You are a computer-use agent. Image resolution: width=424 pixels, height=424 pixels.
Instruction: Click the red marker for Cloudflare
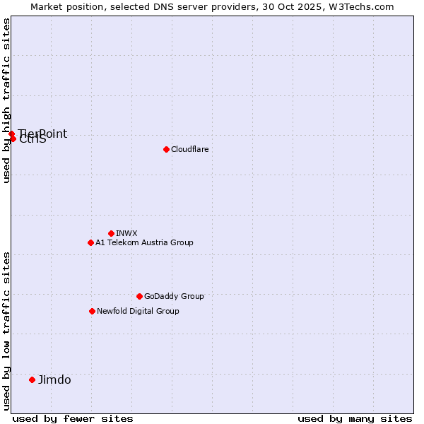point(166,149)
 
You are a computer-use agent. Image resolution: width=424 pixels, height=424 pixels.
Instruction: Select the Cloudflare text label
point(190,149)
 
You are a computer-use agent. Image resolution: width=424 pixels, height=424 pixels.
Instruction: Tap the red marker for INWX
point(111,233)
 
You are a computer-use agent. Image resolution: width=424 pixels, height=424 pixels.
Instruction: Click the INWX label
point(126,233)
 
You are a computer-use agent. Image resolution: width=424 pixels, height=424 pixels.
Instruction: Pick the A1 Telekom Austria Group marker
point(90,242)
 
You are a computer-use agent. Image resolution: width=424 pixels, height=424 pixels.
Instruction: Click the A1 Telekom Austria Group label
point(144,242)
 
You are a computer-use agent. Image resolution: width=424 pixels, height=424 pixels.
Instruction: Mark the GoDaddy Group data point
point(139,296)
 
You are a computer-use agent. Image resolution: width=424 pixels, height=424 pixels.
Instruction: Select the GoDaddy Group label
point(174,296)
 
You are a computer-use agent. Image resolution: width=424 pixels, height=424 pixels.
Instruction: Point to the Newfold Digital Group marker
point(92,311)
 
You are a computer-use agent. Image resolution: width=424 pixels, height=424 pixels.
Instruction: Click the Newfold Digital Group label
point(138,311)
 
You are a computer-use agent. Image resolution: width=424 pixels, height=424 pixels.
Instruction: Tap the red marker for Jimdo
point(32,379)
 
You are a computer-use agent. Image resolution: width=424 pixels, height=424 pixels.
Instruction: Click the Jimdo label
point(54,379)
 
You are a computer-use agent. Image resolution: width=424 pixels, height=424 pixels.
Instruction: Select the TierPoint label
point(43,134)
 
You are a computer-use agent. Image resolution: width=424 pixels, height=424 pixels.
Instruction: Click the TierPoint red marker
point(11,134)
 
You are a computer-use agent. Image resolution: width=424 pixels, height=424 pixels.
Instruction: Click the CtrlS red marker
point(13,139)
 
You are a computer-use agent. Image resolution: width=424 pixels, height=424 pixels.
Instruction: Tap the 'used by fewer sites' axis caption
point(73,418)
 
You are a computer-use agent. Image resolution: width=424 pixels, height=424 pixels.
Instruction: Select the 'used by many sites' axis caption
point(355,418)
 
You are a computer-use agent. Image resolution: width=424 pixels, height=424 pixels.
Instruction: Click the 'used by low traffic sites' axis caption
point(6,331)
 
